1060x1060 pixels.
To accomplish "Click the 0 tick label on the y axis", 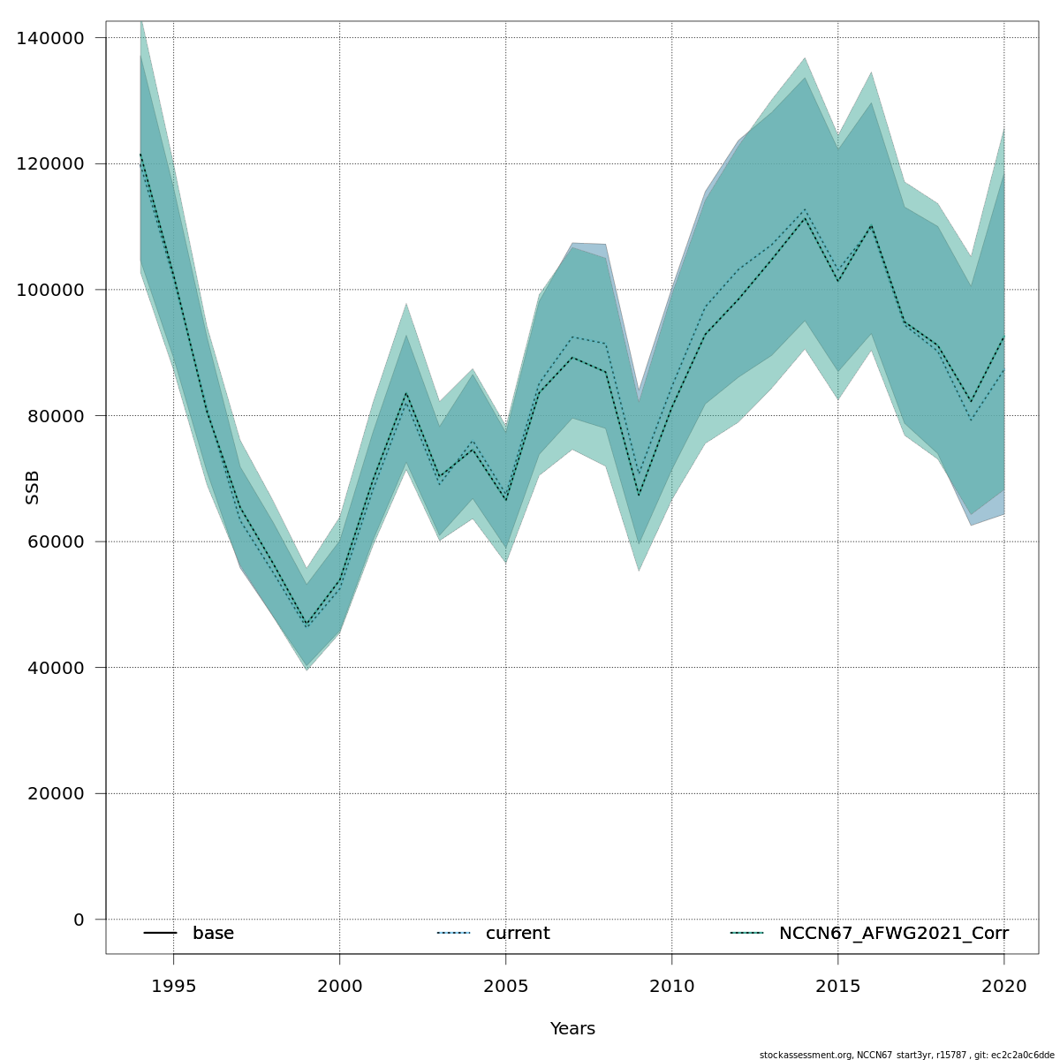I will (x=79, y=920).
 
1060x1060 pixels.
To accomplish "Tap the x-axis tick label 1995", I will (x=173, y=986).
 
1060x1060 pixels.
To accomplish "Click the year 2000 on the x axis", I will (x=339, y=986).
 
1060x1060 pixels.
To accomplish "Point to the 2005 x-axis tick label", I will (x=505, y=986).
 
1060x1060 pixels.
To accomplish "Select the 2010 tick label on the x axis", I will (x=672, y=986).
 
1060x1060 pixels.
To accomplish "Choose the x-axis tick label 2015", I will (x=838, y=986).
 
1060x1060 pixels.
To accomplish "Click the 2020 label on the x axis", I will (x=1004, y=986).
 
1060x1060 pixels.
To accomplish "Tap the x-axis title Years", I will (x=572, y=1029).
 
